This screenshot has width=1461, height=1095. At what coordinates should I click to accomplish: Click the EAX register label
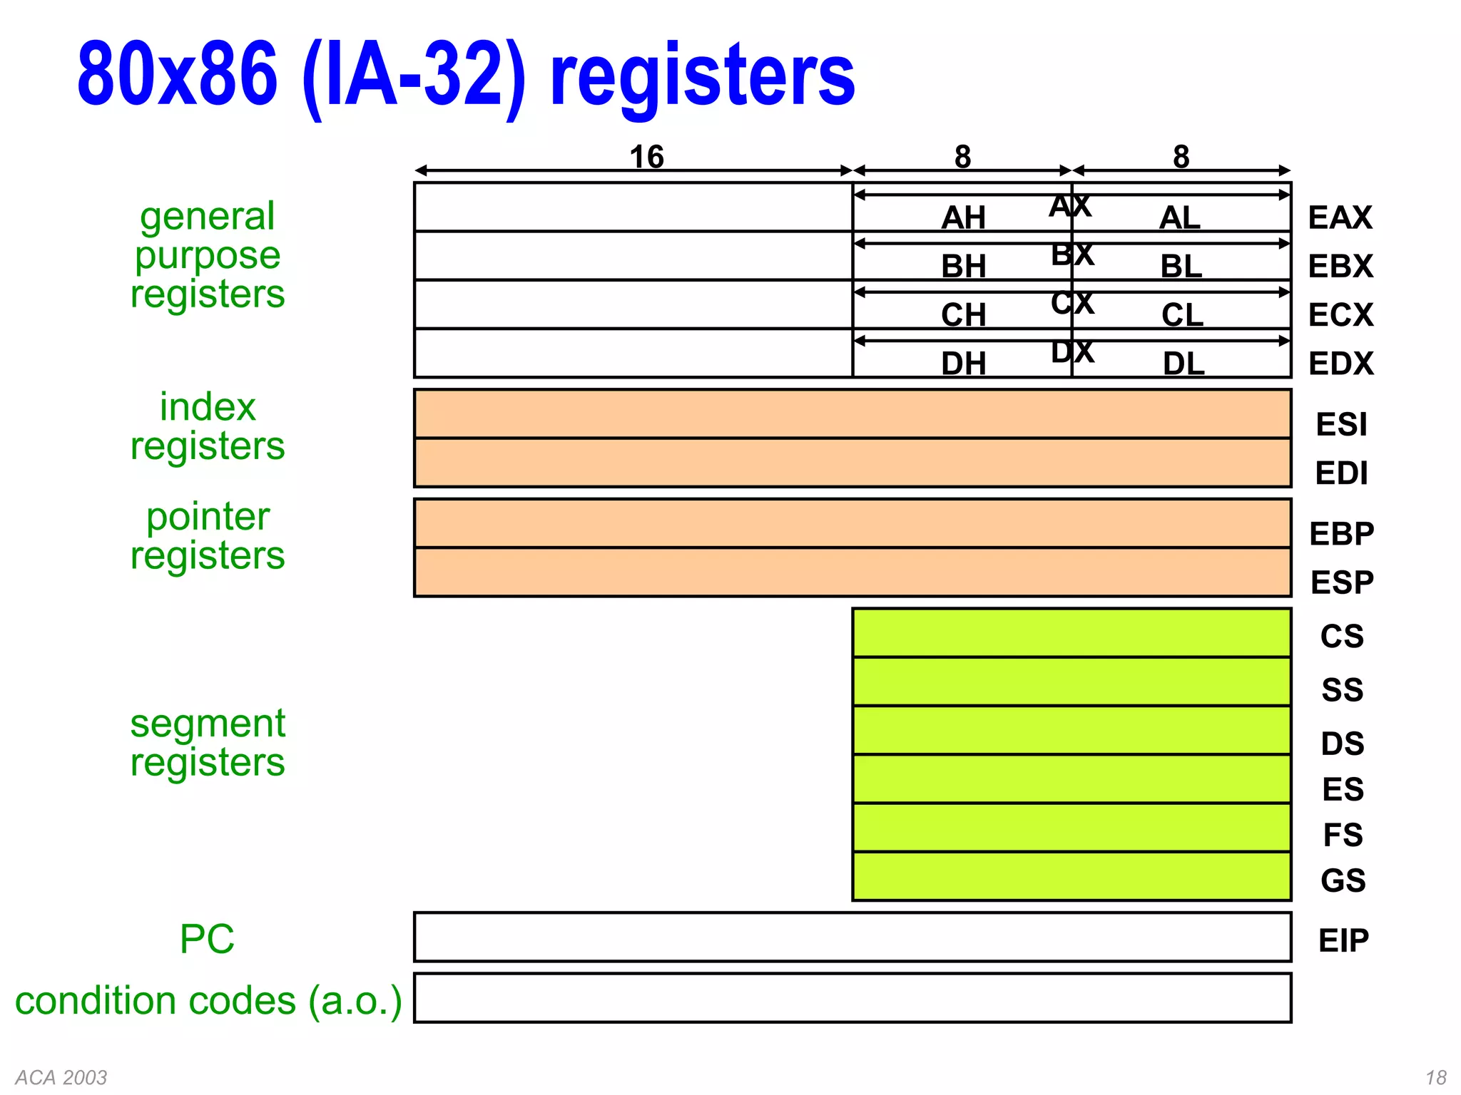pos(1339,217)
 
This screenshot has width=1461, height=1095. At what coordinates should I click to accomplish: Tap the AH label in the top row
pos(963,217)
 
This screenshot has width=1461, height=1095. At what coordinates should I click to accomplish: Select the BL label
pos(1181,267)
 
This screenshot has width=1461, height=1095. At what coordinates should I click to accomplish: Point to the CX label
pos(1071,304)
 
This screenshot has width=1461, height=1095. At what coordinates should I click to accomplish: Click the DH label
pos(963,364)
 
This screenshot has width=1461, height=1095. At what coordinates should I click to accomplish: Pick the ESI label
pos(1341,425)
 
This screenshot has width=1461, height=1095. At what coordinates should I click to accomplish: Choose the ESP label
pos(1341,582)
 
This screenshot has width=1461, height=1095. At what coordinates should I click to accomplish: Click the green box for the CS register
pos(1071,633)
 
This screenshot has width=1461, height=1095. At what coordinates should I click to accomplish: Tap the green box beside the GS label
pos(1071,876)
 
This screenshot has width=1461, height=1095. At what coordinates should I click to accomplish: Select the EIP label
pos(1343,940)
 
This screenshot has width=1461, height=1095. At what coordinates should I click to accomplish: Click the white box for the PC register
pos(852,937)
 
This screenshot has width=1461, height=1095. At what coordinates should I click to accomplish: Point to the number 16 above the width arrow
pos(646,157)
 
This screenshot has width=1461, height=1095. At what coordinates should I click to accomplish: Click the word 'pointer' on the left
pos(208,517)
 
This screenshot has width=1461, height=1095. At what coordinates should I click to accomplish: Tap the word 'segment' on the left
pos(208,724)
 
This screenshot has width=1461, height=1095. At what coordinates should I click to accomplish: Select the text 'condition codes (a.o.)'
pos(208,1000)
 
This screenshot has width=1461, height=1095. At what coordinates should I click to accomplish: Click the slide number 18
pos(1435,1077)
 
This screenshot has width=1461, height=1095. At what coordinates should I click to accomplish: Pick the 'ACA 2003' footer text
pos(61,1077)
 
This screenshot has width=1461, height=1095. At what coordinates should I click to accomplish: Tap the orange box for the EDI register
pos(852,463)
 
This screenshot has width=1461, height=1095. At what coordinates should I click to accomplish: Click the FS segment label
pos(1342,835)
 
